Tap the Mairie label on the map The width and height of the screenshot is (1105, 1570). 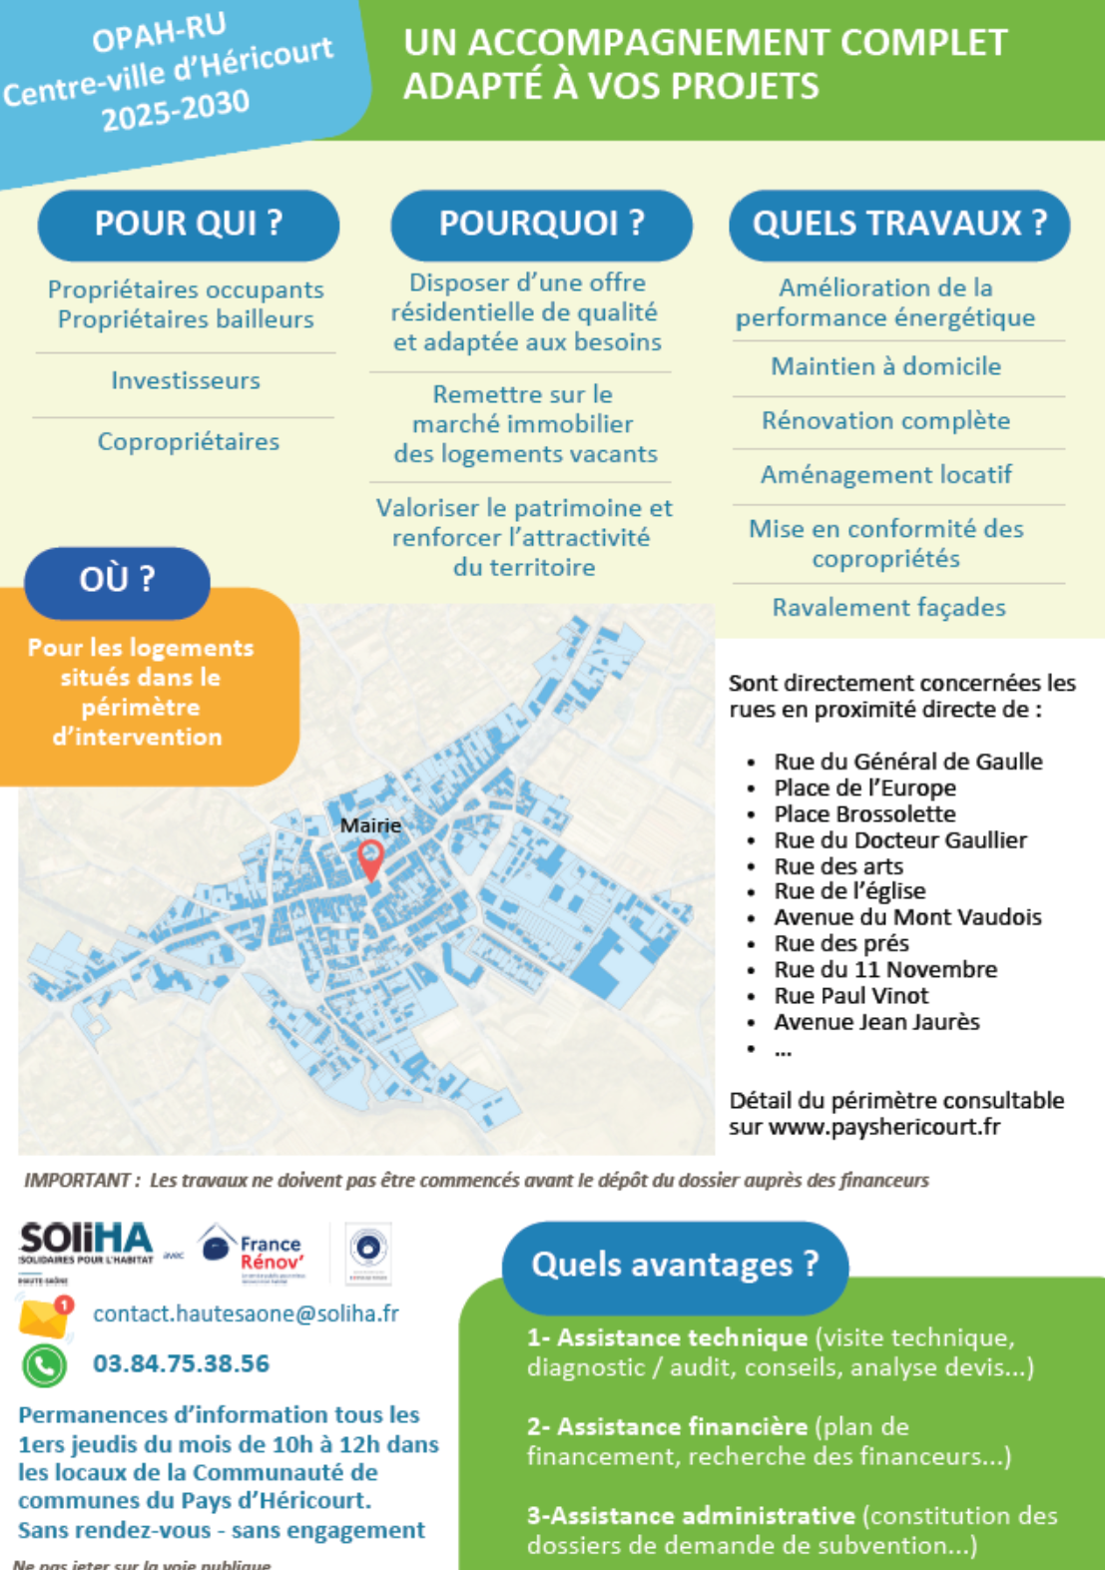coord(370,825)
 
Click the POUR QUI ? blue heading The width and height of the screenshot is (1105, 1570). coord(189,224)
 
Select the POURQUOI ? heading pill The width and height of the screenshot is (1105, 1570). coord(541,224)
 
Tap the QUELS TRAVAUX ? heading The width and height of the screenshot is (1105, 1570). coord(899,224)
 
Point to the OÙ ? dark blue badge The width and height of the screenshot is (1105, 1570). coord(117,580)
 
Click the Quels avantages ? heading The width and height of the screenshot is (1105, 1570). coord(675,1265)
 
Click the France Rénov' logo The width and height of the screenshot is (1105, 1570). coord(253,1251)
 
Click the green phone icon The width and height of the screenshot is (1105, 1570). coord(45,1365)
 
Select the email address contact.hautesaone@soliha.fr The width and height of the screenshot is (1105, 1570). coord(246,1313)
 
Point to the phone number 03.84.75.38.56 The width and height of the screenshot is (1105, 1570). coord(182,1363)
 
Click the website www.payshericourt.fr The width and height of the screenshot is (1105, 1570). coord(883,1127)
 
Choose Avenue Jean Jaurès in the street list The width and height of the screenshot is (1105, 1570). coord(876,1022)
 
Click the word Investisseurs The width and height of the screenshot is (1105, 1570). coord(186,380)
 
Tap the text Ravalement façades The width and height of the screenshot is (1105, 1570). coord(888,607)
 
